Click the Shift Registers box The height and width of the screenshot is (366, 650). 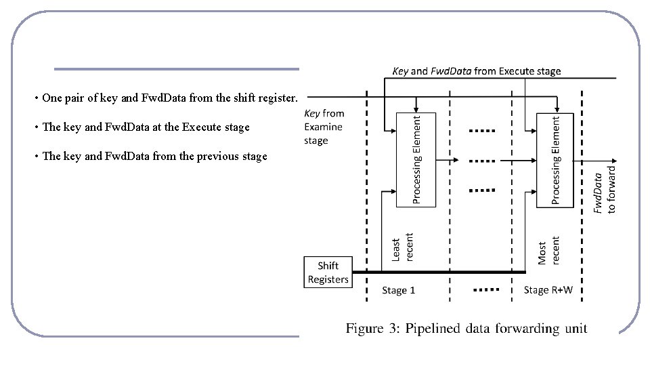(x=328, y=272)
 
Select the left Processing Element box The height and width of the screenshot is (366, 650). (x=416, y=159)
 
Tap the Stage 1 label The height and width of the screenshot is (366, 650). (x=399, y=290)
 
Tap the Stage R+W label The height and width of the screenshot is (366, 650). (x=548, y=290)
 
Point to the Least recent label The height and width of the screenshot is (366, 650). (x=402, y=247)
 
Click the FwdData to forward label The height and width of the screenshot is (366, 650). (x=604, y=190)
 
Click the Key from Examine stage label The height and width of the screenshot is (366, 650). (x=324, y=127)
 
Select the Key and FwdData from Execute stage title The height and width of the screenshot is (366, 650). (x=476, y=70)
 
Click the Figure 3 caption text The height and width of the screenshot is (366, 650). (x=466, y=329)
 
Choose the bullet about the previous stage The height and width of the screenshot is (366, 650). (x=151, y=156)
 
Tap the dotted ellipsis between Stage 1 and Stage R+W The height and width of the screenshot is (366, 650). (x=485, y=289)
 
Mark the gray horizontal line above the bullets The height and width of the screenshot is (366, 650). (x=176, y=69)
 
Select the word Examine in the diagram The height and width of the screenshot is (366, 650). (x=323, y=127)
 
